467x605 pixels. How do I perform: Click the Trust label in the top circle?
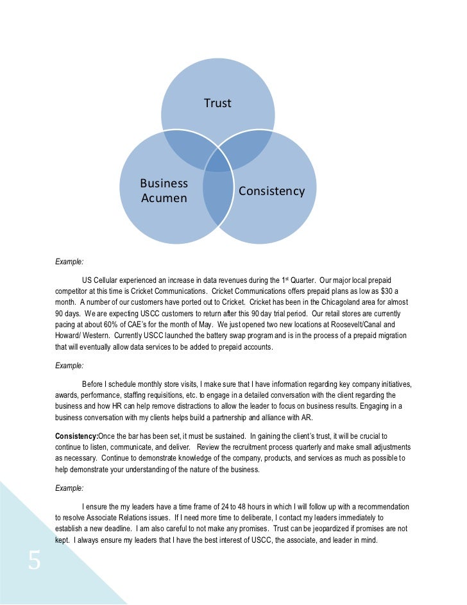tap(217, 103)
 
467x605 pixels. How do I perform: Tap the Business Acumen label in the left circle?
tap(164, 191)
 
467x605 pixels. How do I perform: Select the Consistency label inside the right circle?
tap(271, 191)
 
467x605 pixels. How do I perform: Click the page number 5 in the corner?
tap(34, 561)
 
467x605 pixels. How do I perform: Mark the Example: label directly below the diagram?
tap(69, 262)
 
